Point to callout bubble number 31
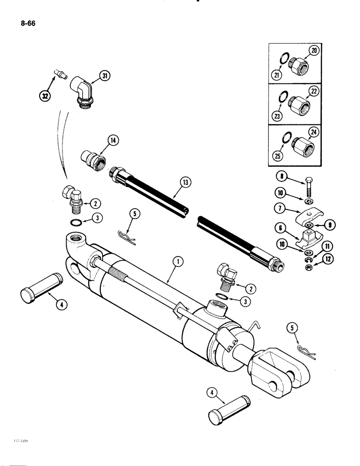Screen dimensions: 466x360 click(x=104, y=76)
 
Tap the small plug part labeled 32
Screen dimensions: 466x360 click(x=59, y=74)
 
